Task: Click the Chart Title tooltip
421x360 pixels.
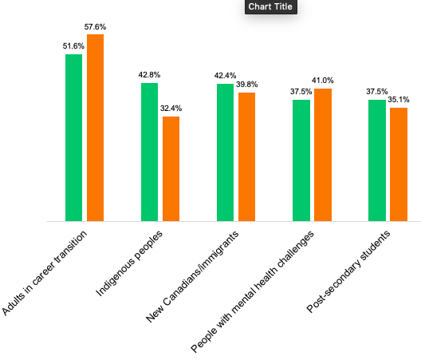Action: tap(270, 6)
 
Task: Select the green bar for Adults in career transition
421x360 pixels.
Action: tap(74, 137)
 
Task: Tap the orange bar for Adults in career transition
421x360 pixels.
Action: tap(96, 128)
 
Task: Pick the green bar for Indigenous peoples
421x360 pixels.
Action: tap(150, 152)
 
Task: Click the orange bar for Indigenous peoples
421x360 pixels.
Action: tap(171, 169)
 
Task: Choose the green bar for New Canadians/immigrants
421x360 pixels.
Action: tap(226, 152)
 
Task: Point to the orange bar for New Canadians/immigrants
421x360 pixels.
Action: tap(246, 157)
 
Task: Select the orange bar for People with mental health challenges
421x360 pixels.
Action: tap(323, 155)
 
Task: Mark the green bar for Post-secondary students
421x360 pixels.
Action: tap(377, 160)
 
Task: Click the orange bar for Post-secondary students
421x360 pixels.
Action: tap(399, 164)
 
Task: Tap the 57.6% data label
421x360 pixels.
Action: tap(95, 27)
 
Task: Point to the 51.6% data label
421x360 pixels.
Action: tap(73, 46)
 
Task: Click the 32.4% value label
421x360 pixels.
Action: tap(171, 109)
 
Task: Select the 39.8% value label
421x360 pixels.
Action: tap(246, 85)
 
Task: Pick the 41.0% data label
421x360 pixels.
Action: tap(323, 81)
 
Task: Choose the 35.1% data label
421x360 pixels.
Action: tap(399, 100)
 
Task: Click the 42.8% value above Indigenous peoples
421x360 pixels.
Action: tap(149, 75)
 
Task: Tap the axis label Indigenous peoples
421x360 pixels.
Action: tap(129, 263)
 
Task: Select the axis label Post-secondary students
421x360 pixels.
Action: tap(348, 271)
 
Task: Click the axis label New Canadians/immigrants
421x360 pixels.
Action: tap(192, 277)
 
